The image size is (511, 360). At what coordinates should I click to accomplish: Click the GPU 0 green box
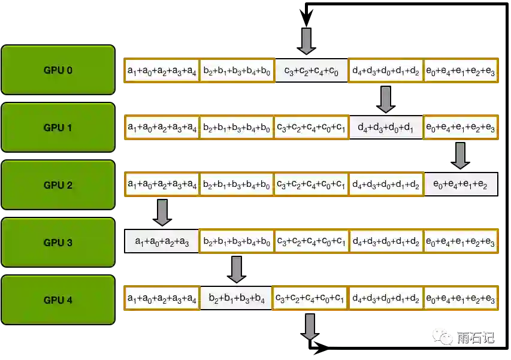[x=58, y=69]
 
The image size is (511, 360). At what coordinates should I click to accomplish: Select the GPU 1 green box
[x=58, y=127]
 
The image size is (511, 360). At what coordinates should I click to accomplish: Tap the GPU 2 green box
[x=58, y=184]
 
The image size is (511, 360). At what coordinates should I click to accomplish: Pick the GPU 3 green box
[x=58, y=242]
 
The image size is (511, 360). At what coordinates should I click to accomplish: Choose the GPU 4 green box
[x=58, y=300]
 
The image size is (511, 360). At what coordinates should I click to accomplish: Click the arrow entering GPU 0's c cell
[x=306, y=40]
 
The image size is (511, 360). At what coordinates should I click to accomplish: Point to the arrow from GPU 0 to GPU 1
[x=385, y=98]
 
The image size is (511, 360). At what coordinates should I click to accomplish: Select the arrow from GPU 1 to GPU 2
[x=460, y=155]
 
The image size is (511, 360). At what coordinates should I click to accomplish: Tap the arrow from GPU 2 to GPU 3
[x=162, y=213]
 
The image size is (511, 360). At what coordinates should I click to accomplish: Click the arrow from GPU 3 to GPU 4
[x=237, y=270]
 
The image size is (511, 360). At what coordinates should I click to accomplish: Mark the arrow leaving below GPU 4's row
[x=309, y=326]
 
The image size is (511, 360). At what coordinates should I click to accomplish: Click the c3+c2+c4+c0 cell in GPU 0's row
[x=312, y=71]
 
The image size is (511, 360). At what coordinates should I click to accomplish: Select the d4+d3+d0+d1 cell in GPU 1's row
[x=385, y=128]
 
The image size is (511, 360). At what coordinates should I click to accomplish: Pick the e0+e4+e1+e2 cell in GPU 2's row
[x=461, y=186]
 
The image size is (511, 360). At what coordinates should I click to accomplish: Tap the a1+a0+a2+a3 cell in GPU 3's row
[x=162, y=243]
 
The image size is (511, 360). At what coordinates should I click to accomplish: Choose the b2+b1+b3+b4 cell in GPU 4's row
[x=237, y=300]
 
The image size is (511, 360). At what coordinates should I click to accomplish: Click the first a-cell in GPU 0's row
[x=162, y=71]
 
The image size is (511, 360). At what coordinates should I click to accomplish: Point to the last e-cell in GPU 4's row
[x=461, y=300]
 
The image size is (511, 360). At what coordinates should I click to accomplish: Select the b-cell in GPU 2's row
[x=237, y=186]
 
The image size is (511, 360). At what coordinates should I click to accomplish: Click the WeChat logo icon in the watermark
[x=445, y=337]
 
